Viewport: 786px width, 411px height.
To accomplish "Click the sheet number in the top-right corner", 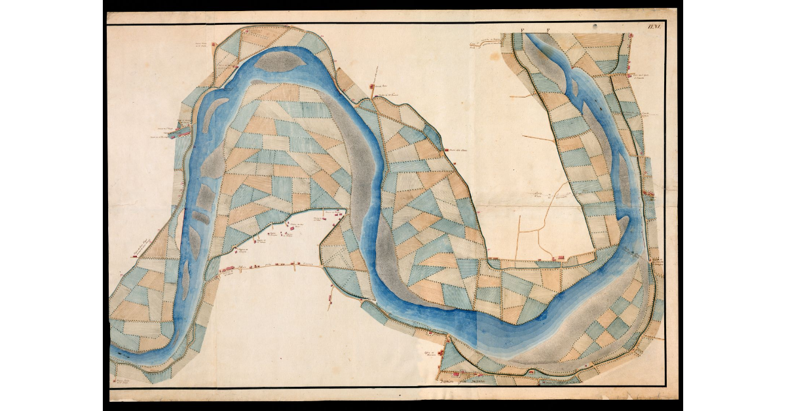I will [x=653, y=26].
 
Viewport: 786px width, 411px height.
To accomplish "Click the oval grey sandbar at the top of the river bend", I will [x=278, y=62].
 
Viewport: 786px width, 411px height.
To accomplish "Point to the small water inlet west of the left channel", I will [x=177, y=134].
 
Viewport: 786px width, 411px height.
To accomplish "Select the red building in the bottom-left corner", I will [x=115, y=378].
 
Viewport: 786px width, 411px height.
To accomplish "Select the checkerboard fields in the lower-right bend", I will [x=606, y=324].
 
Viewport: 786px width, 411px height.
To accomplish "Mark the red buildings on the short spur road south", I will [x=330, y=298].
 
